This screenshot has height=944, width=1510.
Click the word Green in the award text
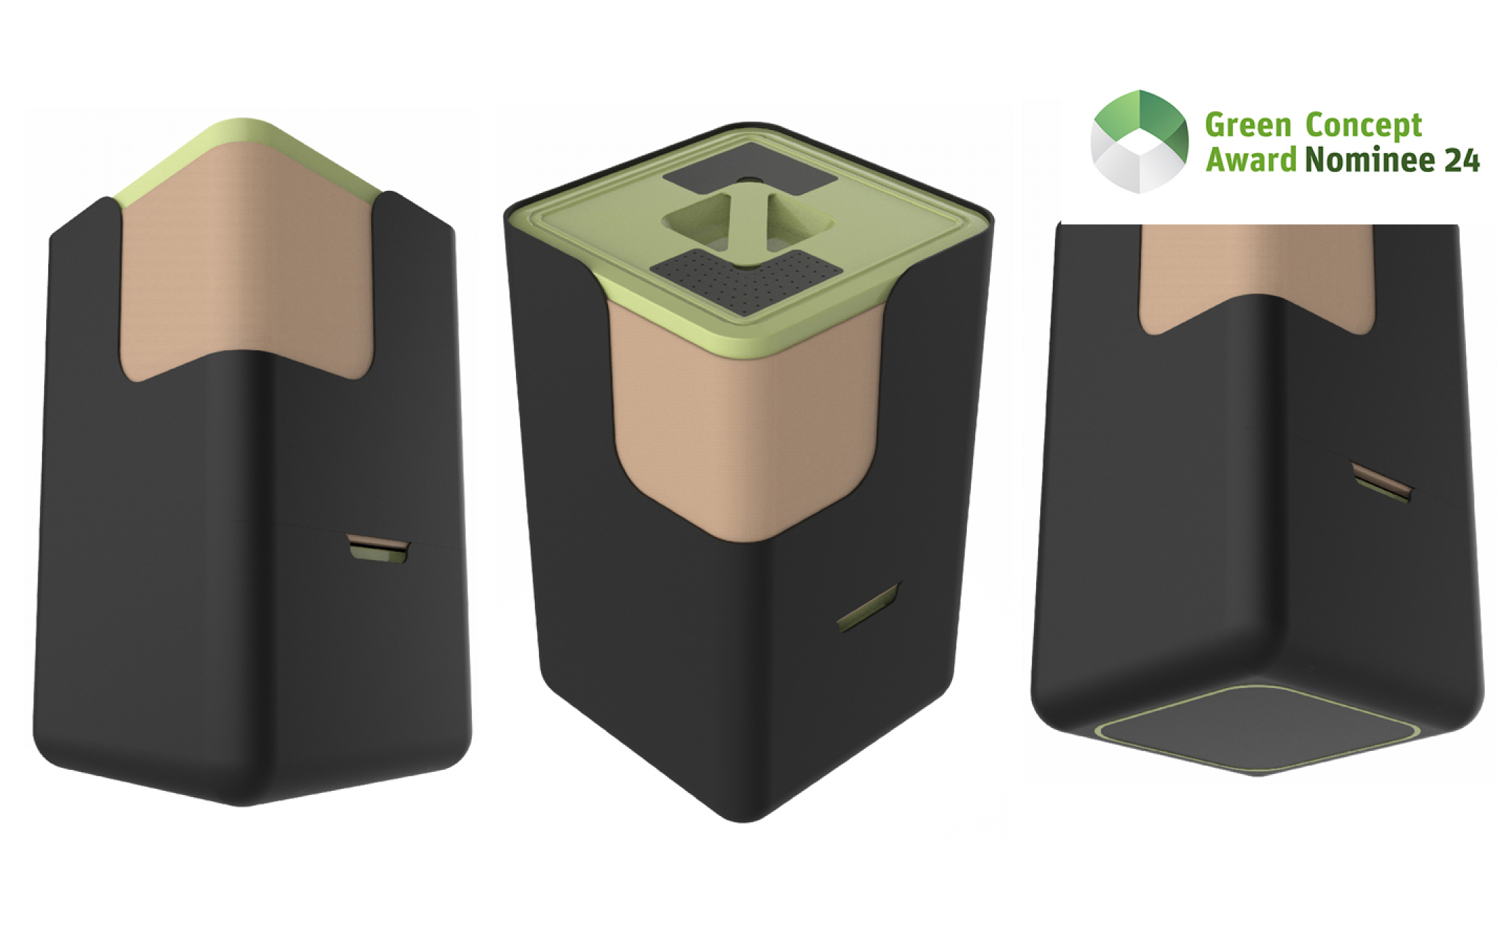pyautogui.click(x=1248, y=126)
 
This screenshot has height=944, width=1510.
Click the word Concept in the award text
pyautogui.click(x=1363, y=127)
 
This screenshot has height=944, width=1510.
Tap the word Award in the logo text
pyautogui.click(x=1251, y=159)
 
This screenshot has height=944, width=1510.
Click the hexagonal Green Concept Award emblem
pyautogui.click(x=1139, y=141)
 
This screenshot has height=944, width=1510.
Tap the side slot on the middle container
pyautogui.click(x=868, y=607)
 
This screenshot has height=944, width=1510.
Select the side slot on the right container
pyautogui.click(x=1381, y=482)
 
